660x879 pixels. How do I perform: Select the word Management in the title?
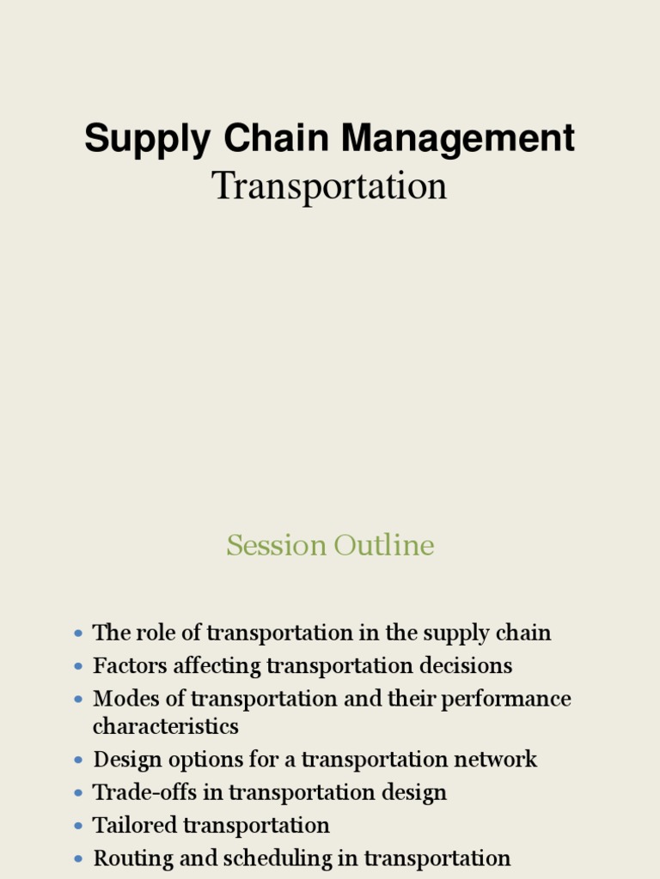(452, 140)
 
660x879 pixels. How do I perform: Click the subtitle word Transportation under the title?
(330, 186)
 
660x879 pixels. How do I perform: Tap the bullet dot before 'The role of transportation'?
(79, 633)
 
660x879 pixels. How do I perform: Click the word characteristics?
(166, 726)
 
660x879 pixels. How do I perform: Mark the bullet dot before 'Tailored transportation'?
(79, 826)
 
